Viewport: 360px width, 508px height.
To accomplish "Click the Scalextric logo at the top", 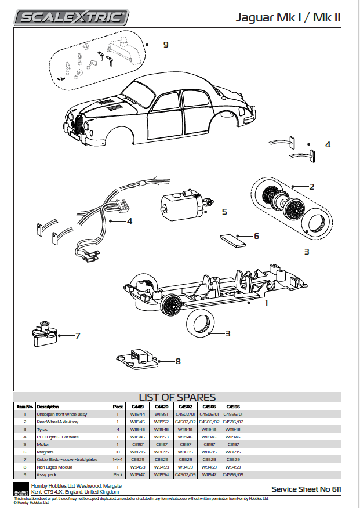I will pos(72,17).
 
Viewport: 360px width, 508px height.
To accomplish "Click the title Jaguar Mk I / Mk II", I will pos(288,17).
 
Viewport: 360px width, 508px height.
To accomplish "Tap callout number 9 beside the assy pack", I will pos(166,45).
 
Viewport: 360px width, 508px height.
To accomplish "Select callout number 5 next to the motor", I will pos(224,212).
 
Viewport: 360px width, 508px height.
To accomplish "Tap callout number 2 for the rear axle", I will pos(311,186).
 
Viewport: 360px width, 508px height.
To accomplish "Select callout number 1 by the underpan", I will pos(266,302).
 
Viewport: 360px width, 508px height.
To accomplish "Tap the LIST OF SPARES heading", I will pos(177,397).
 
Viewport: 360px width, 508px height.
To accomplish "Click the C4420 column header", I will pos(162,407).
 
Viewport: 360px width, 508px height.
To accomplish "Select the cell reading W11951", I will pos(162,415).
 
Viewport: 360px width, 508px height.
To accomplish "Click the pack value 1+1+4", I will pos(118,459).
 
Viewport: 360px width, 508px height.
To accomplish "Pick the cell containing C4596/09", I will pos(231,474).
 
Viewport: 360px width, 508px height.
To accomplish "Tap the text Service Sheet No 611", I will pos(306,489).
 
